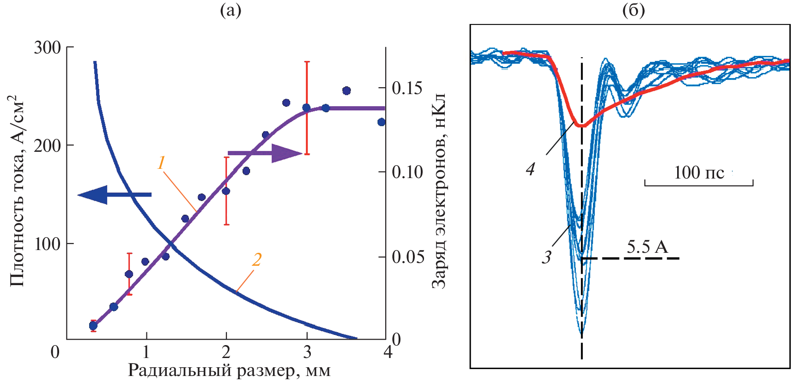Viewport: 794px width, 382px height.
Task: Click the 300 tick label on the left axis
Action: click(x=47, y=47)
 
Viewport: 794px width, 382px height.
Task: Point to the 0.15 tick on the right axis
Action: click(x=407, y=88)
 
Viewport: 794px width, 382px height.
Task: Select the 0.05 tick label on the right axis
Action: click(x=407, y=257)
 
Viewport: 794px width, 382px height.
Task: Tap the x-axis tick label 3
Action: click(x=307, y=352)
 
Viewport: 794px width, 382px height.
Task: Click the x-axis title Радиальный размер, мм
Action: click(x=229, y=370)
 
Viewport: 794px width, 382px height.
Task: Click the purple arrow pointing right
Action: click(x=266, y=153)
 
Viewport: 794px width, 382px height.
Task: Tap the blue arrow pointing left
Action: click(x=114, y=195)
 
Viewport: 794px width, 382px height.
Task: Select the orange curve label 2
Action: click(x=257, y=260)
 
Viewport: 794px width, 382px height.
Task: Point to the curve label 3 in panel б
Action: click(x=547, y=257)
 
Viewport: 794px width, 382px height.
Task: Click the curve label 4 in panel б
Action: click(x=530, y=169)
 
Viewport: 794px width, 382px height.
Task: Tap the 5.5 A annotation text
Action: click(x=647, y=247)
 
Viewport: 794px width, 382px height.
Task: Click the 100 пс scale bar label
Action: click(x=699, y=173)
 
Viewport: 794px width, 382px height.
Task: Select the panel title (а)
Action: click(x=230, y=10)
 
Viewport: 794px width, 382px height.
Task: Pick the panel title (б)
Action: click(x=634, y=10)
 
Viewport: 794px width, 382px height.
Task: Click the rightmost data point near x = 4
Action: click(x=382, y=122)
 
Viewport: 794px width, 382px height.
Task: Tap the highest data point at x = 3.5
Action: click(x=346, y=91)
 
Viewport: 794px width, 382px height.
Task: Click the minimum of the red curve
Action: click(x=582, y=125)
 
